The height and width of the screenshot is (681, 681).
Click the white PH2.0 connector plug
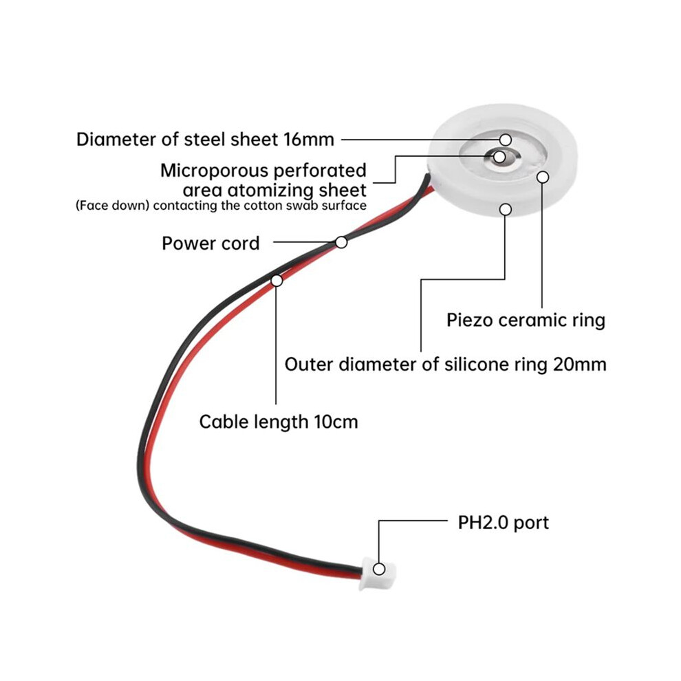point(377,573)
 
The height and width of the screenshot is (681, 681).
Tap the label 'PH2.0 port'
point(503,523)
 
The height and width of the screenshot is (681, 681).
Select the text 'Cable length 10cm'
point(279,422)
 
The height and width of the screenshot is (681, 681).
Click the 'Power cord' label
point(210,244)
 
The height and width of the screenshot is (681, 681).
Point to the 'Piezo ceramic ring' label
point(526,321)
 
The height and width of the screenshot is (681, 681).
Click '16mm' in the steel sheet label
point(309,140)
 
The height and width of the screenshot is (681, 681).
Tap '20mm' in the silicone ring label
point(579,365)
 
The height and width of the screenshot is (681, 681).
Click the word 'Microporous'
point(214,171)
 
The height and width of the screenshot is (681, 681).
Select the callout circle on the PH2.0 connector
point(379,569)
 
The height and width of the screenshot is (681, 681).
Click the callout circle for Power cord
point(341,242)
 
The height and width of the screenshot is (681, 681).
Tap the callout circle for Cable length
point(277,281)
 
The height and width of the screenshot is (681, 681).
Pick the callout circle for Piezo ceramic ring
point(543,177)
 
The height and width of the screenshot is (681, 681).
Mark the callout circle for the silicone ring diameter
point(505,209)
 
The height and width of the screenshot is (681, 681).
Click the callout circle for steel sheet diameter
point(505,140)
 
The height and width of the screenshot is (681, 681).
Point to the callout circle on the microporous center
point(499,157)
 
